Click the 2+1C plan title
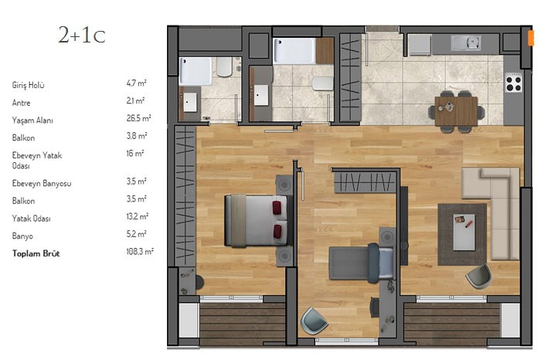tap(82, 36)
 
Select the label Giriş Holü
tap(29, 85)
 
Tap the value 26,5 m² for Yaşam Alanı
tap(138, 118)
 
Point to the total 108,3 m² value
tap(140, 251)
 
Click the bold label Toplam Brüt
tap(36, 253)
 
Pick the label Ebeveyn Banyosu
tap(42, 183)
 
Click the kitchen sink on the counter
tap(466, 43)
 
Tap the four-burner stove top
tap(513, 83)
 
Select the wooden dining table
tap(456, 112)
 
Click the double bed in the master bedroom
tap(256, 221)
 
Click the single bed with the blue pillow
tap(361, 263)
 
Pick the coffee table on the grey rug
tap(464, 232)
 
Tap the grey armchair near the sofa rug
tap(479, 277)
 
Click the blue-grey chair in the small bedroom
tap(313, 321)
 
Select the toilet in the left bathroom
tap(224, 67)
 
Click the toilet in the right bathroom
tap(322, 83)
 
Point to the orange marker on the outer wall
tap(531, 38)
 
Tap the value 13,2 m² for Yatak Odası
tap(138, 216)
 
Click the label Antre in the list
tap(21, 103)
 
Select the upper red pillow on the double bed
tap(277, 208)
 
